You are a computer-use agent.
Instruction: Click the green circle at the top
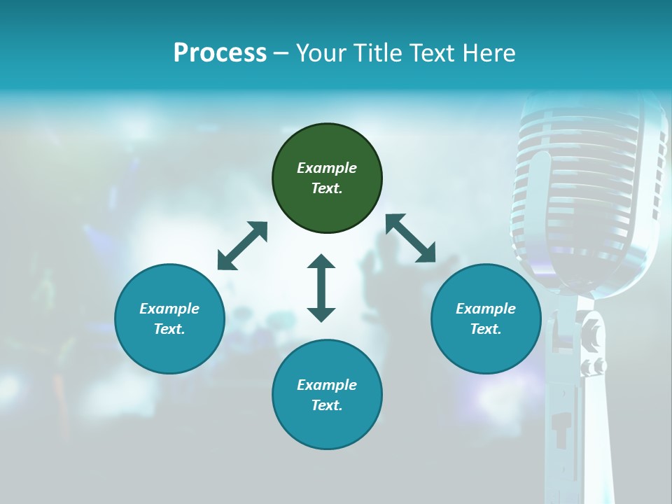pos(327,178)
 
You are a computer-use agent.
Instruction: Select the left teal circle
pos(169,318)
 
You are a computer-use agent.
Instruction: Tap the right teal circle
pos(486,318)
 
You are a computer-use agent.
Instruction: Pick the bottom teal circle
pos(327,395)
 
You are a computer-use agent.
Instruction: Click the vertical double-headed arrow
pos(321,288)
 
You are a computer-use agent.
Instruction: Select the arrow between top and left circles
pos(242,246)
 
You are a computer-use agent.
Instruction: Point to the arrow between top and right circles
pos(411,239)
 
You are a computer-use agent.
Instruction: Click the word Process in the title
pos(220,53)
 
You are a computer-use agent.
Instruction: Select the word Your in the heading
pos(320,53)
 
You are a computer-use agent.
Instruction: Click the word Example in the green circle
pos(327,168)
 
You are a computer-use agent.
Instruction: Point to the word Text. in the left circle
pos(169,329)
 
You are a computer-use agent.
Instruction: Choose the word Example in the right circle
pos(486,309)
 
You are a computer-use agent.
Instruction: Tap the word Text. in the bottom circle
pos(327,405)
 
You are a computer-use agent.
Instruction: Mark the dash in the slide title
pos(281,53)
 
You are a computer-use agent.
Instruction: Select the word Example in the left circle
pos(169,309)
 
